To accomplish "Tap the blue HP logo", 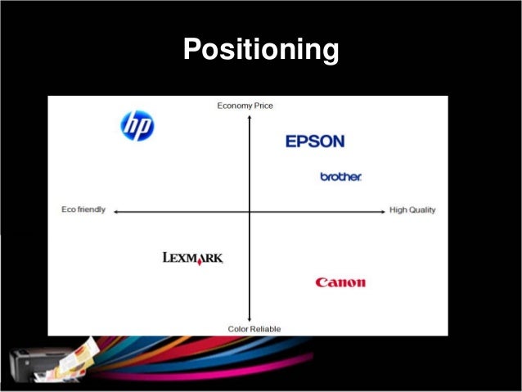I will coord(137,125).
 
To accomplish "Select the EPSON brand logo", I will coord(315,142).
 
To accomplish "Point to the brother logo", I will coord(340,177).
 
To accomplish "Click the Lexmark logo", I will coord(192,259).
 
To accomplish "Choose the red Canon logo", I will coord(340,282).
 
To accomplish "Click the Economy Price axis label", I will coord(245,105).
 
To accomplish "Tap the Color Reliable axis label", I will coord(254,329).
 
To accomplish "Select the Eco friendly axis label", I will coord(83,210).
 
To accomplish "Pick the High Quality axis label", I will coord(412,210).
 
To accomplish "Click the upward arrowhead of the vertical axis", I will coord(249,115).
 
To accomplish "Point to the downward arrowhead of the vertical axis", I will coord(249,320).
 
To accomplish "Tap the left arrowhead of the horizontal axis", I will coord(116,212).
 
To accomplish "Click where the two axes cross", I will coord(249,212).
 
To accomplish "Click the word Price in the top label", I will coord(262,105).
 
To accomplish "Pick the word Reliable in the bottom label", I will coord(265,329).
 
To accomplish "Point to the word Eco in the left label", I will coord(69,210).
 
